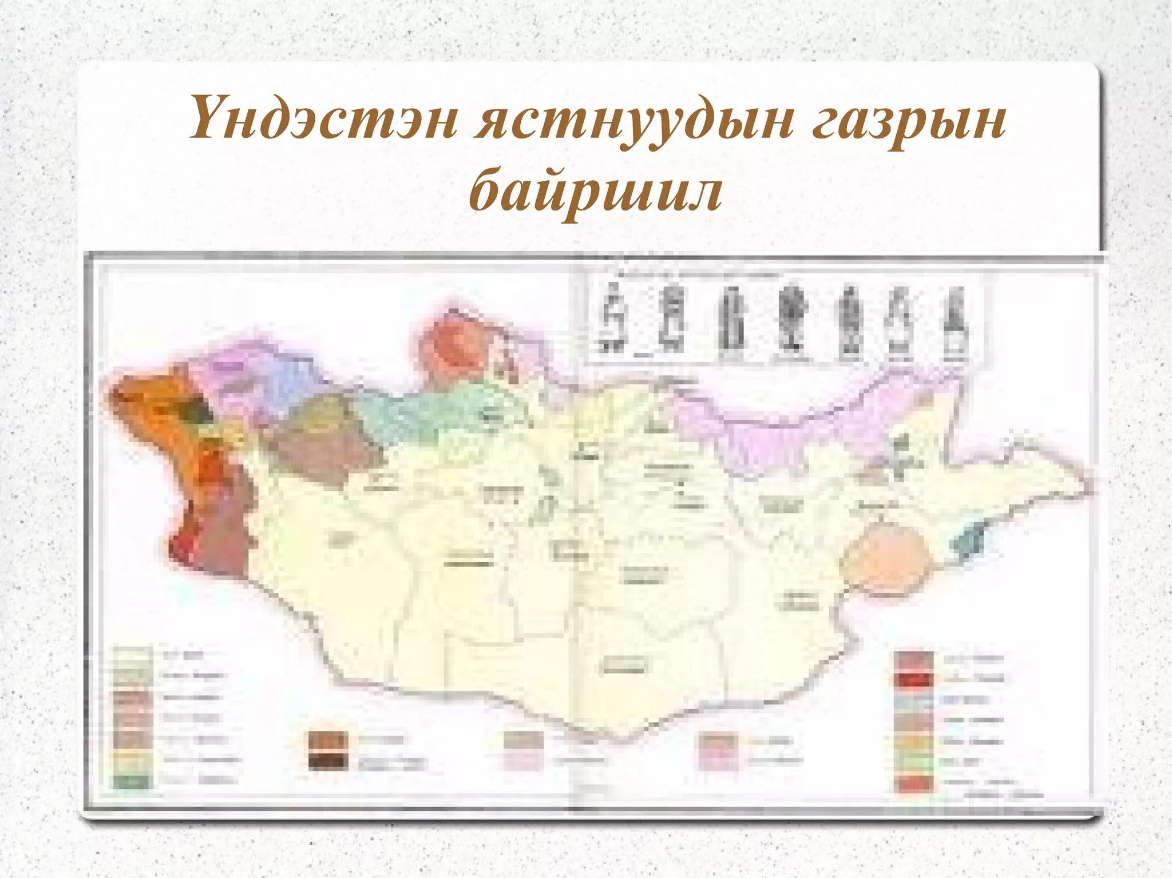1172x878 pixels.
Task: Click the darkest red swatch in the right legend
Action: (x=914, y=680)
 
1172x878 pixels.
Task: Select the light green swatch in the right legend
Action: (x=914, y=762)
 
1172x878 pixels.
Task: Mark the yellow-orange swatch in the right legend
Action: (x=914, y=742)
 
